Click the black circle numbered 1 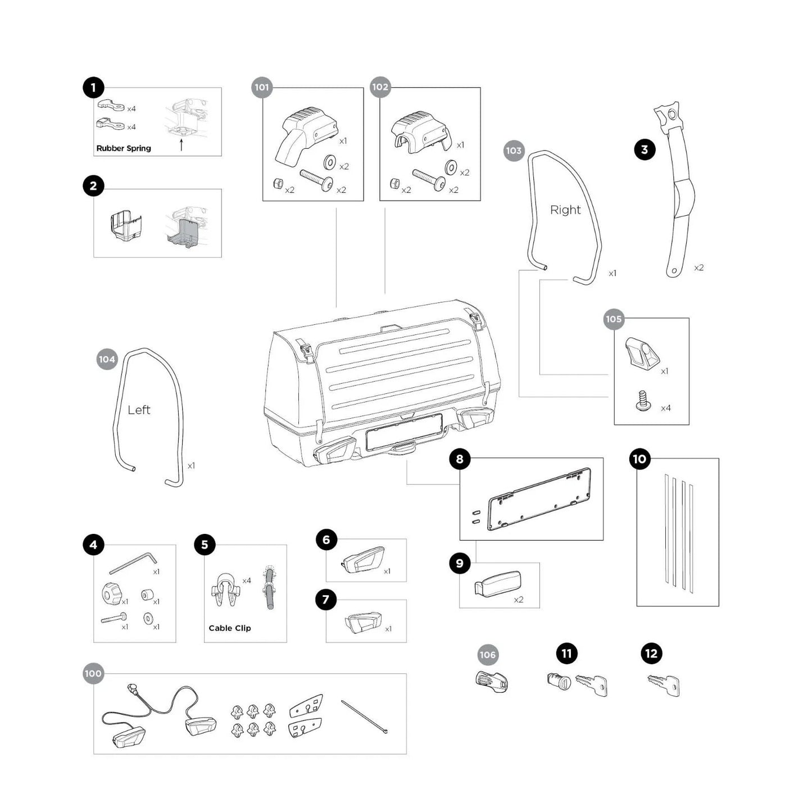coord(93,88)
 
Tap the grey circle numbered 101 coord(262,87)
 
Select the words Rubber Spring coord(124,148)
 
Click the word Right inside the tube coord(565,210)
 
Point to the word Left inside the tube coord(139,410)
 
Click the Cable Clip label coord(229,628)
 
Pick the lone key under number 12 coord(664,685)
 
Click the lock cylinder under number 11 coord(559,682)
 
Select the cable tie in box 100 coord(364,716)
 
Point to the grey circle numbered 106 coord(487,655)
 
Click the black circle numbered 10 coord(639,459)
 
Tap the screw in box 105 coord(643,401)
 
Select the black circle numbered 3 coord(645,149)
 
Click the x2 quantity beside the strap coord(698,268)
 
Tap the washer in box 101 coord(330,163)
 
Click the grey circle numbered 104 coord(107,360)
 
